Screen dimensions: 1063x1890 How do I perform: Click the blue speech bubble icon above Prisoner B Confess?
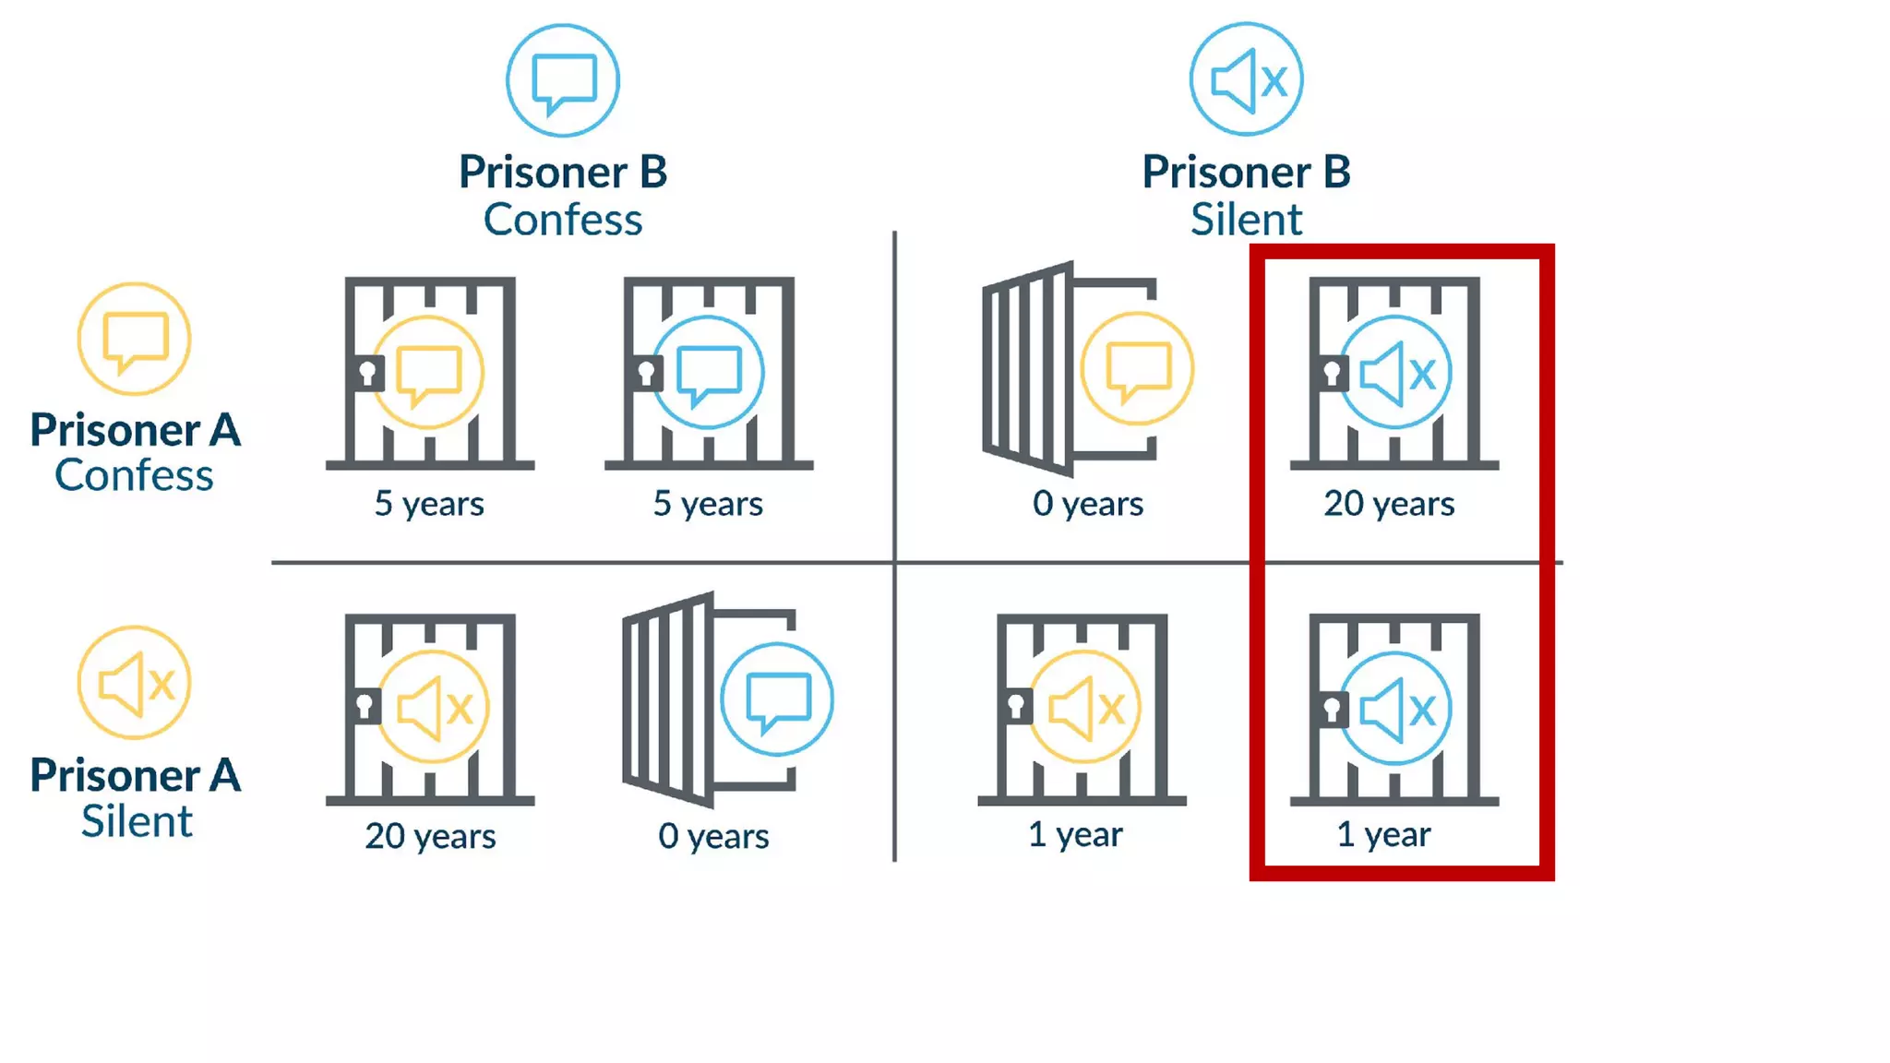pyautogui.click(x=563, y=81)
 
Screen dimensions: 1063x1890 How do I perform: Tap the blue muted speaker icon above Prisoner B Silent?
pyautogui.click(x=1246, y=80)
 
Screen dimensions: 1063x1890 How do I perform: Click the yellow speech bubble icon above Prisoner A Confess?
pyautogui.click(x=135, y=340)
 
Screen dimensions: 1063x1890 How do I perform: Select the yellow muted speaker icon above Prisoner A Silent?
pyautogui.click(x=135, y=683)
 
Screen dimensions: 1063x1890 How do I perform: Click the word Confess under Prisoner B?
pyautogui.click(x=563, y=220)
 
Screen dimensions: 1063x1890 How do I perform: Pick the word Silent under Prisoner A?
pyautogui.click(x=137, y=821)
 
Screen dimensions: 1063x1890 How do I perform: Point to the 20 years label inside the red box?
pyautogui.click(x=1389, y=504)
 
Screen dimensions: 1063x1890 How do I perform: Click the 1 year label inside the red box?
pyautogui.click(x=1383, y=834)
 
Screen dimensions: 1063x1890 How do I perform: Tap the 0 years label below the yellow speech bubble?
pyautogui.click(x=1088, y=504)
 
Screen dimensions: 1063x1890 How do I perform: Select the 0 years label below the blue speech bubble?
pyautogui.click(x=713, y=836)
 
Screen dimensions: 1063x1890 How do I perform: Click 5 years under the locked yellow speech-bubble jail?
pyautogui.click(x=429, y=504)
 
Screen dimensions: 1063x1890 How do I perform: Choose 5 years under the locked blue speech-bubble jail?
pyautogui.click(x=708, y=504)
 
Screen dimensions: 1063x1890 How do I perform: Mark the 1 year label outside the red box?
pyautogui.click(x=1075, y=834)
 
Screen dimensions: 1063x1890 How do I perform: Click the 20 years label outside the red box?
pyautogui.click(x=430, y=836)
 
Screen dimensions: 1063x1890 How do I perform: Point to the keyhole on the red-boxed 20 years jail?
pyautogui.click(x=1332, y=374)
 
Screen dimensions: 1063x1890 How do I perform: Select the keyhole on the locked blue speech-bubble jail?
pyautogui.click(x=646, y=374)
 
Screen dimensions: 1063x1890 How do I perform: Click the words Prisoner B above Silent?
pyautogui.click(x=1246, y=172)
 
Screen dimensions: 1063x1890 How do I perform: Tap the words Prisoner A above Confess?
pyautogui.click(x=135, y=430)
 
